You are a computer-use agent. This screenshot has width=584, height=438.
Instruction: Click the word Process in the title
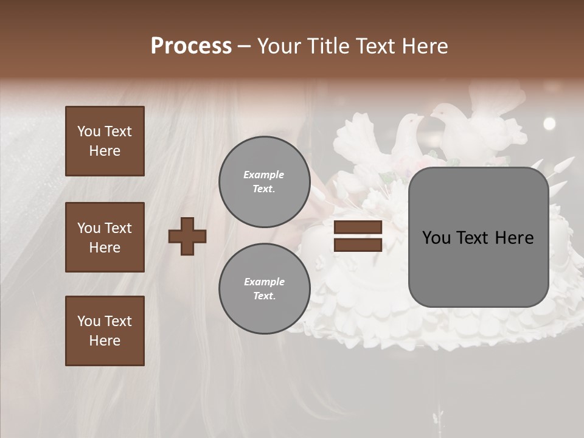tap(191, 46)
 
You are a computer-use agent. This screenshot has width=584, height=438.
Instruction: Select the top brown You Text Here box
tap(105, 141)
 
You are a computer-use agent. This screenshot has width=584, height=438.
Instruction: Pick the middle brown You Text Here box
tap(105, 237)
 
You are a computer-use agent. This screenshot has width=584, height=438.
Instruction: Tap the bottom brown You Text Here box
tap(105, 331)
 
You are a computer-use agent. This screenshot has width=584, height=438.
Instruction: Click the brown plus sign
tap(187, 236)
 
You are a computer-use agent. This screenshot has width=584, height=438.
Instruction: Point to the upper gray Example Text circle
tap(264, 182)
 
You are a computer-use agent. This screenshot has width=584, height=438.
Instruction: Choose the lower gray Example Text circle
tap(264, 289)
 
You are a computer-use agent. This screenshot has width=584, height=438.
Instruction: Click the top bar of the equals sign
tap(358, 228)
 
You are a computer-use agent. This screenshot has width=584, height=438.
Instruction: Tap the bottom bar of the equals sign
tap(358, 245)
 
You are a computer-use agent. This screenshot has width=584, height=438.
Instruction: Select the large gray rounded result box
tap(478, 237)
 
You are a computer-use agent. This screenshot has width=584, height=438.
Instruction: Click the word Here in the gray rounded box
tap(514, 238)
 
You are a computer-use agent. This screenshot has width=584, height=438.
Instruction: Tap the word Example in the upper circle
tap(263, 175)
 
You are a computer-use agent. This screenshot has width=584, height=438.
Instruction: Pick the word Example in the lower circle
tap(264, 282)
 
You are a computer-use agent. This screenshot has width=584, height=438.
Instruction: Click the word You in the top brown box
tap(89, 131)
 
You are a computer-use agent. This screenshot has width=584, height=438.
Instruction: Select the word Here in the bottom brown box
tap(105, 341)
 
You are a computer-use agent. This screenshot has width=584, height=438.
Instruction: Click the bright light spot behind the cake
tap(549, 124)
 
